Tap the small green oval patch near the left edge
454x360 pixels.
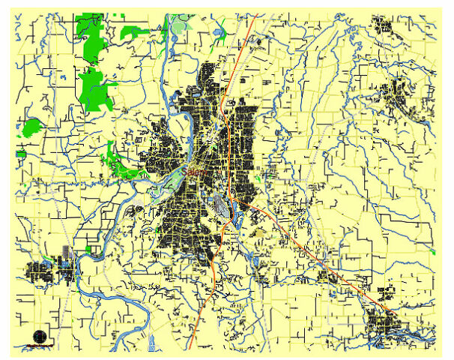(32, 127)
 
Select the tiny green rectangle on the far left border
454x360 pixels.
(21, 154)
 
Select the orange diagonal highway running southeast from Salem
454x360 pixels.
(300, 240)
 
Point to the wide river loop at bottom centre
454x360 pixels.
(112, 296)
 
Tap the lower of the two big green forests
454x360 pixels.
(95, 88)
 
